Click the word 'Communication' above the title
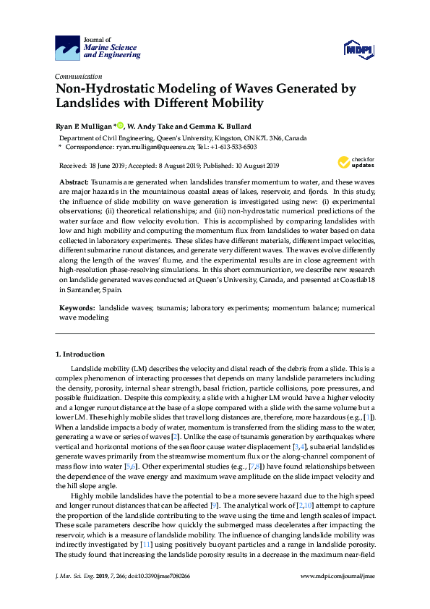[x=78, y=76]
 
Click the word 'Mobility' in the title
[x=236, y=103]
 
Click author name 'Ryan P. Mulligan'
[x=83, y=125]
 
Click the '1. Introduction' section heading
[x=80, y=354]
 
